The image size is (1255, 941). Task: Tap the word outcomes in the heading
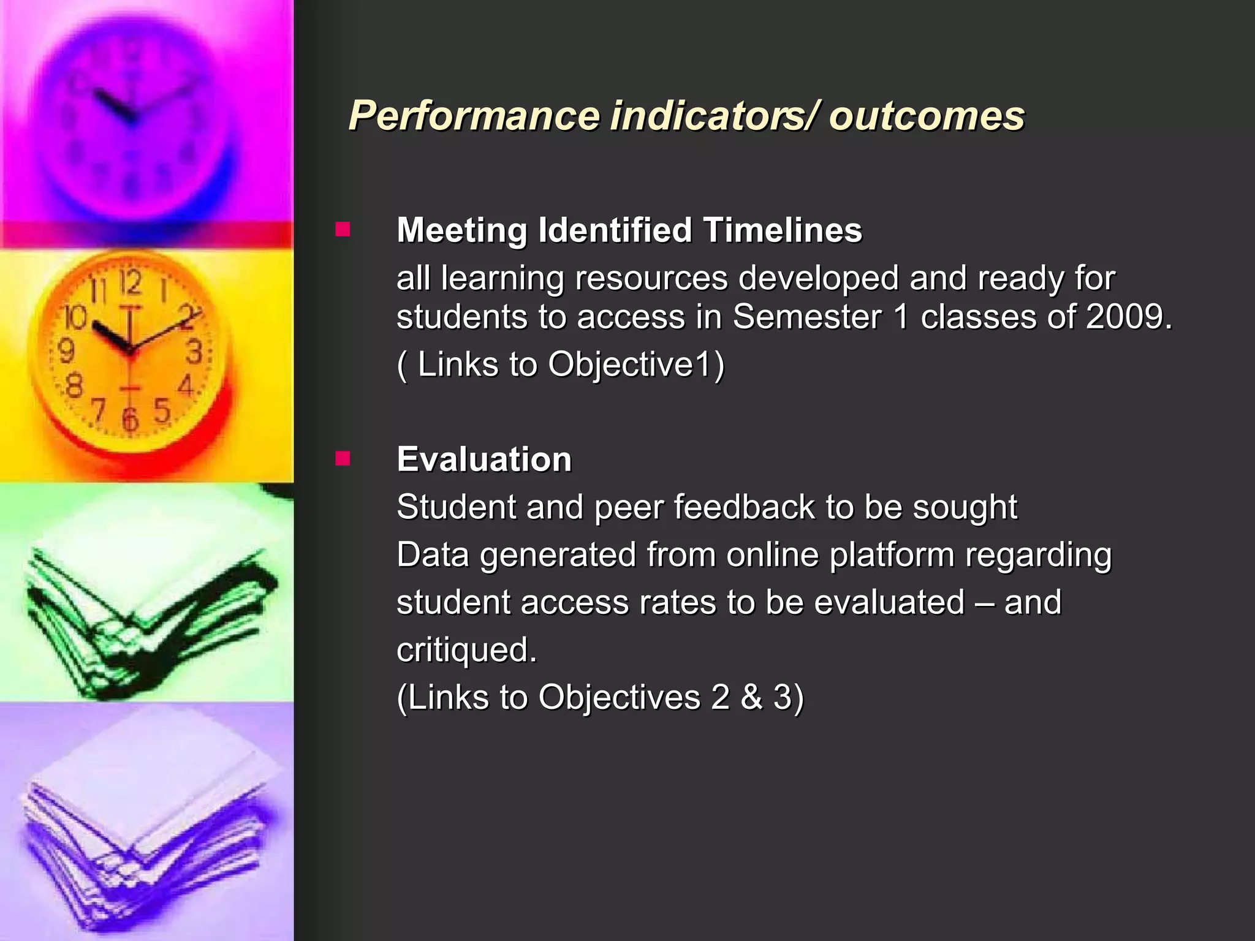926,116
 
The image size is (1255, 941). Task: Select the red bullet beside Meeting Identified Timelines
343,230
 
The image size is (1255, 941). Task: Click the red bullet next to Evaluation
343,459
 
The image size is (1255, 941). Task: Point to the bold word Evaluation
484,459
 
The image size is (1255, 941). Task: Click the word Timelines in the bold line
783,230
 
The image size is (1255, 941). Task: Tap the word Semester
807,317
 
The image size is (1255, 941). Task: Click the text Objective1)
636,365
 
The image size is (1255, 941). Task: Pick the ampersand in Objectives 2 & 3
751,697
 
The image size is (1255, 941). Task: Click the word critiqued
466,649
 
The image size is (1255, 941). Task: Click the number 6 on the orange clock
129,419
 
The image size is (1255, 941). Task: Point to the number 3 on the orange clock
194,352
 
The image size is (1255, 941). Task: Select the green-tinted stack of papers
147,607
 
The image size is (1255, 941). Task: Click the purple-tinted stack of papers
147,833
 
